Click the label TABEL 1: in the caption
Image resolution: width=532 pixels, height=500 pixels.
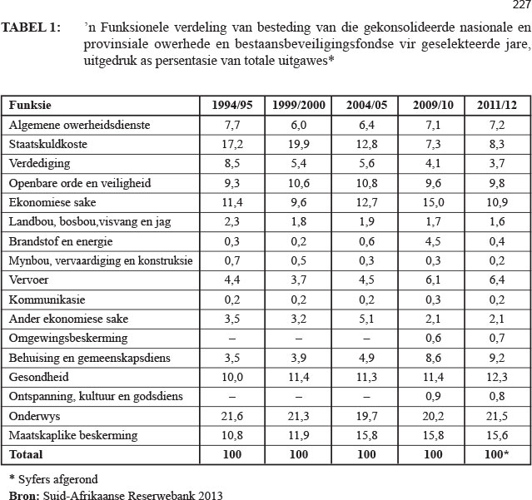pyautogui.click(x=31, y=28)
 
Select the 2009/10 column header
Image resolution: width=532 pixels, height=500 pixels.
pyautogui.click(x=434, y=106)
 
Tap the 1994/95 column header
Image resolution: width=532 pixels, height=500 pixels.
pyautogui.click(x=231, y=106)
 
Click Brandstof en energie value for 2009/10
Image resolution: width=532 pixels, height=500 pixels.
pyautogui.click(x=434, y=240)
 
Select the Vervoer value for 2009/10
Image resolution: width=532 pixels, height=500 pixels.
pyautogui.click(x=434, y=280)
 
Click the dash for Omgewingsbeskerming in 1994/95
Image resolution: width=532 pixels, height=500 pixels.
pyautogui.click(x=231, y=339)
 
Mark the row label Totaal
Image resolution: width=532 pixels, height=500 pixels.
pyautogui.click(x=26, y=455)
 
